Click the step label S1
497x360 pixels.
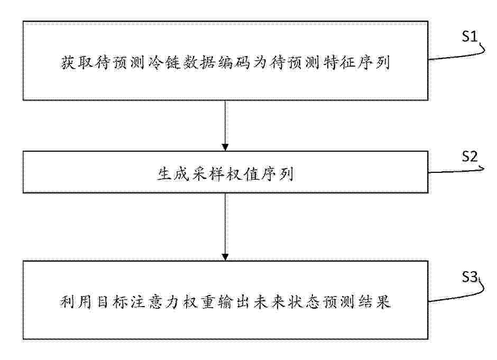[469, 36]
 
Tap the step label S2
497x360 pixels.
[470, 156]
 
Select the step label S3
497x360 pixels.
[470, 277]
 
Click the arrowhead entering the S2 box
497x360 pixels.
[225, 147]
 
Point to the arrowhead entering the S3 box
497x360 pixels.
[225, 257]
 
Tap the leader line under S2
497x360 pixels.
[456, 171]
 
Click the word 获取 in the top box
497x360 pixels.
[76, 62]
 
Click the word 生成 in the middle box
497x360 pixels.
[173, 174]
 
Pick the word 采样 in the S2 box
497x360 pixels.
[208, 174]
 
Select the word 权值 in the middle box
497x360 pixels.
[243, 174]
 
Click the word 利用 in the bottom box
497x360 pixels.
[76, 302]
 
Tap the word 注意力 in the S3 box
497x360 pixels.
[156, 302]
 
